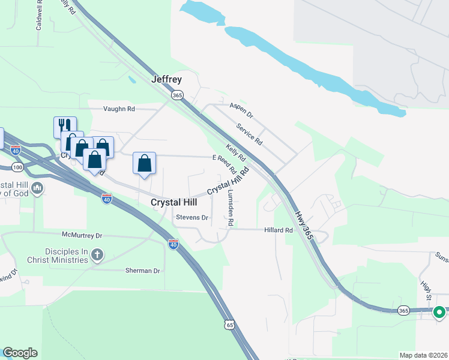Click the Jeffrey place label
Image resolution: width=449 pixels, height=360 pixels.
pos(166,79)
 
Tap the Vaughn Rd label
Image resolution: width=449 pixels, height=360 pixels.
pos(119,109)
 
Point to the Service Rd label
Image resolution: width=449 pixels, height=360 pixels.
pos(249,134)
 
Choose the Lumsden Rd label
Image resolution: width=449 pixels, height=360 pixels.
pos(231,208)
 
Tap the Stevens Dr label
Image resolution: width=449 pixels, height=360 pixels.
pos(191,217)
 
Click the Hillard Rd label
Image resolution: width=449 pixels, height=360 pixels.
pos(279,230)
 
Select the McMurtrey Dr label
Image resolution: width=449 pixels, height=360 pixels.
pos(82,235)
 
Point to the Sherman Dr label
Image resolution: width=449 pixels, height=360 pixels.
pos(143,271)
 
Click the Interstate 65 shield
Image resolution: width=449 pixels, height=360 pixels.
pos(231,325)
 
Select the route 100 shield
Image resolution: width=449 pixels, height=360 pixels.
pos(17,166)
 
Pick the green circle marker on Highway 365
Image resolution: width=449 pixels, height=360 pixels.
pos(439,312)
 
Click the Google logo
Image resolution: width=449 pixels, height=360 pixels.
pos(20,353)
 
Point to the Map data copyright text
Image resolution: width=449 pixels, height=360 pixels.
pos(423,355)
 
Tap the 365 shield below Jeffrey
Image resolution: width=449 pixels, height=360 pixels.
pos(176,95)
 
